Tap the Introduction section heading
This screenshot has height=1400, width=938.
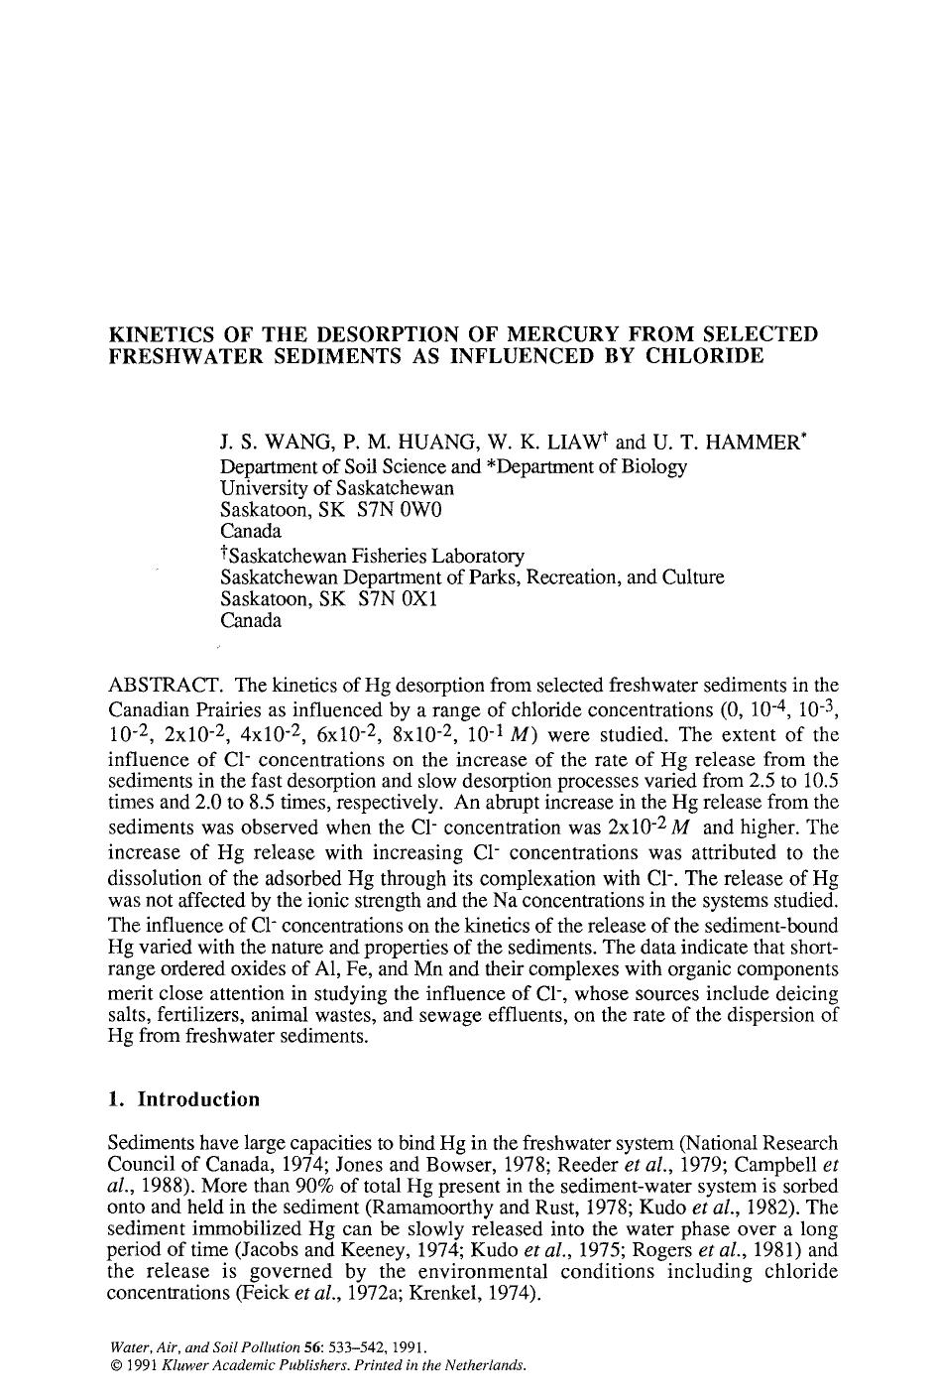point(198,1099)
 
